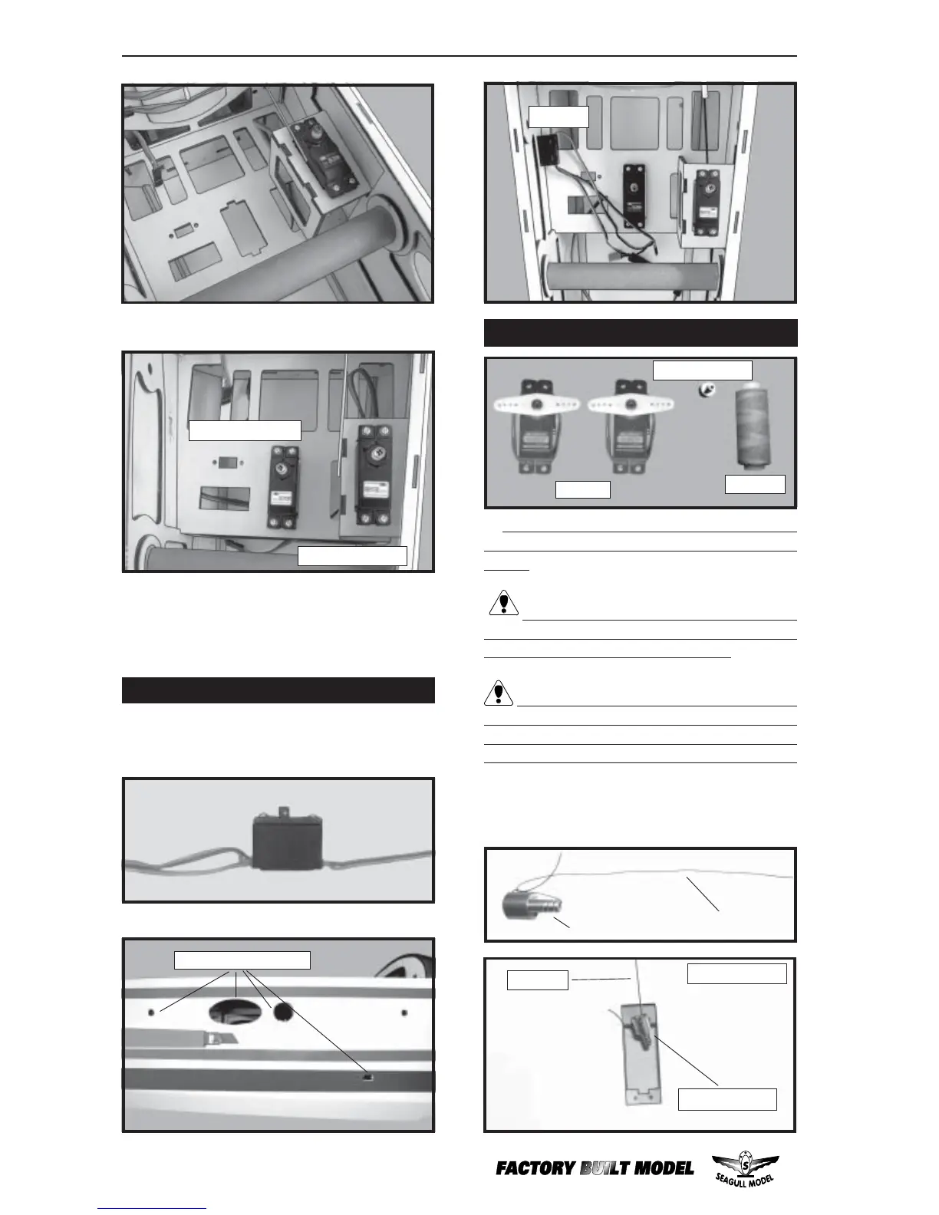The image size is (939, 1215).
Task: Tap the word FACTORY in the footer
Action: point(535,1169)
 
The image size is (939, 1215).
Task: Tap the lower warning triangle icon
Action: point(499,693)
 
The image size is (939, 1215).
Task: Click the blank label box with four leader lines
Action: point(242,960)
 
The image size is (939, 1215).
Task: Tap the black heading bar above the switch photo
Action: point(278,690)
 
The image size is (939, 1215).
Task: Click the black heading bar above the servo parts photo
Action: point(641,333)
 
